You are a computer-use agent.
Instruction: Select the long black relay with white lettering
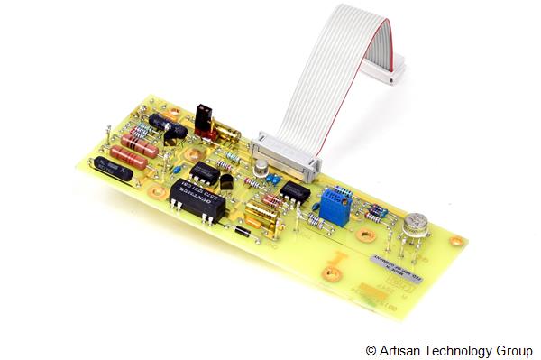(x=196, y=193)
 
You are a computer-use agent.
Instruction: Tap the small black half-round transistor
(x=226, y=180)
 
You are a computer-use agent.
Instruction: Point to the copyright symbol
(x=371, y=349)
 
